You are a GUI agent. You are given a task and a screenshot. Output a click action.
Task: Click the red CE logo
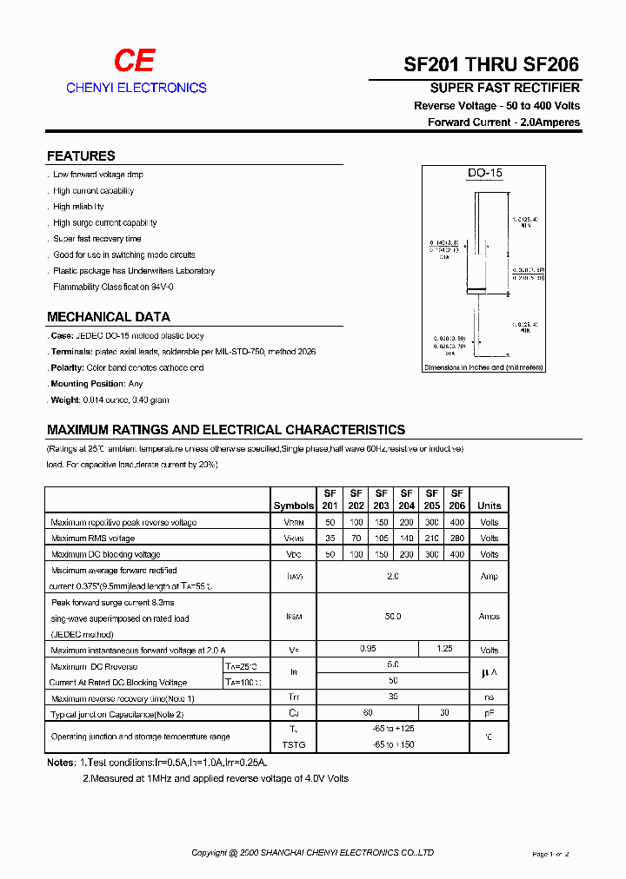click(135, 61)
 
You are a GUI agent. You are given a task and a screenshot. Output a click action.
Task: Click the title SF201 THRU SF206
click(491, 64)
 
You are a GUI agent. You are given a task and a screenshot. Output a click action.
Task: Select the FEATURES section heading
click(81, 156)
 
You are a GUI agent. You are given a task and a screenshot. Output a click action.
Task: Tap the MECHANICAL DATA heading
click(109, 317)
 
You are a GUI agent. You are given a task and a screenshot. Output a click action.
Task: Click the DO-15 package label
click(484, 173)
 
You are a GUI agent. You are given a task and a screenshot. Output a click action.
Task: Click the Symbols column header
click(294, 506)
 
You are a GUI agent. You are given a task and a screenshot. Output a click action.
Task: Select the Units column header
click(489, 506)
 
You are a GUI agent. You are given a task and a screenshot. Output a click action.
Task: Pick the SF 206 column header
click(457, 499)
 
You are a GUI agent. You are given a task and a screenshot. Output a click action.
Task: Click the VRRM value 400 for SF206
click(457, 523)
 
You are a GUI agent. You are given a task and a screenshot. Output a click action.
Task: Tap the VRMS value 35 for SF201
click(330, 539)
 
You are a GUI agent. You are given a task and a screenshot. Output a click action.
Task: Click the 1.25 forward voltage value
click(444, 650)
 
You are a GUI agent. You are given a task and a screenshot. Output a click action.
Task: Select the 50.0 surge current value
click(393, 616)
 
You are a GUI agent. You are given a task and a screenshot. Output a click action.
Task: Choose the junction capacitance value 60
click(368, 713)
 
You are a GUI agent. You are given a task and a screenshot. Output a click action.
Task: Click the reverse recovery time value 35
click(393, 697)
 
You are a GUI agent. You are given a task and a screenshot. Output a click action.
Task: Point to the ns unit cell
click(489, 697)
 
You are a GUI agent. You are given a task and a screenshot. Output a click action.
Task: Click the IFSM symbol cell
click(294, 616)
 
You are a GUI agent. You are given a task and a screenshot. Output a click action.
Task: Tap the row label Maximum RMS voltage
click(93, 539)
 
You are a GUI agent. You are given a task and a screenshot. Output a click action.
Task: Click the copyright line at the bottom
click(312, 853)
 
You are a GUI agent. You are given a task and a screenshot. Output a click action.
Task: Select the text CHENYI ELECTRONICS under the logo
click(137, 88)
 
